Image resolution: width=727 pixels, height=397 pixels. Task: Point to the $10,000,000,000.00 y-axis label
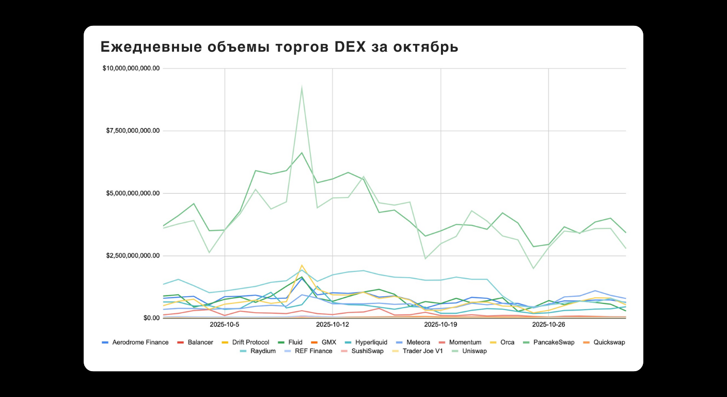pos(131,68)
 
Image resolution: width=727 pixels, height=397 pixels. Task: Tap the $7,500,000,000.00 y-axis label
pos(133,131)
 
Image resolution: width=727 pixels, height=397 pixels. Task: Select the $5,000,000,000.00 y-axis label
pos(133,193)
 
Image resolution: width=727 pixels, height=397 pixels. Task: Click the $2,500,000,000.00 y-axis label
pos(133,256)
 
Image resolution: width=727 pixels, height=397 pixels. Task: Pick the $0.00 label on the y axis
pos(151,318)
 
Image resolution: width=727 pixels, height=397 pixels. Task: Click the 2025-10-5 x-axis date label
pos(225,325)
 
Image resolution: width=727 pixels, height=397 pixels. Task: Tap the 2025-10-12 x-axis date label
pos(333,325)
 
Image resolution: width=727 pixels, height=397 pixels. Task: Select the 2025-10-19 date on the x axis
pos(440,325)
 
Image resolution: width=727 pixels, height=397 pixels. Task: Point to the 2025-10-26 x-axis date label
pos(548,325)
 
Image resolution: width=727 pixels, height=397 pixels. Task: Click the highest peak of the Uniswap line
pos(302,87)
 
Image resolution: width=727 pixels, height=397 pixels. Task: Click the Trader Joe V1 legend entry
pos(418,351)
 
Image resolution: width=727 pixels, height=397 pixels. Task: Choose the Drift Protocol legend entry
pos(247,342)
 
